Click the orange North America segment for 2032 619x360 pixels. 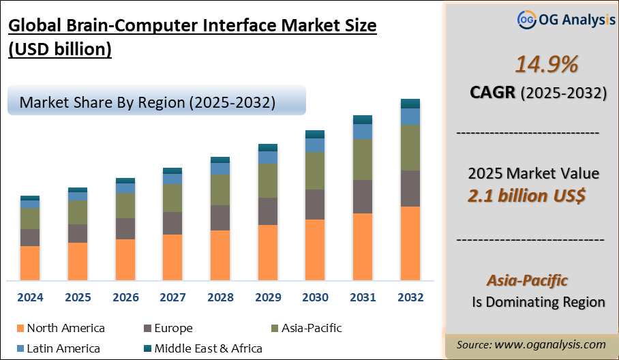tap(410, 243)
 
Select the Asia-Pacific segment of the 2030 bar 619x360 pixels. tap(314, 170)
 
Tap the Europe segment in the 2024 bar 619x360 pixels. tap(30, 237)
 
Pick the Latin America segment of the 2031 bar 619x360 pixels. tap(362, 131)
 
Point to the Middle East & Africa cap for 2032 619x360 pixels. tap(410, 104)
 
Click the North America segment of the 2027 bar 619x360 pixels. tap(172, 257)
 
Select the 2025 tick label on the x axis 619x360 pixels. tap(78, 298)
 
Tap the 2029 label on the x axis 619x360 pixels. tap(267, 298)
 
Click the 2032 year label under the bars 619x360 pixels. tap(410, 298)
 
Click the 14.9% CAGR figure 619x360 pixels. tap(546, 64)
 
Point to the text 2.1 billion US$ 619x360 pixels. tap(526, 196)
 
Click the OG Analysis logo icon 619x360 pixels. tap(526, 20)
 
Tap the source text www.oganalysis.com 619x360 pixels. tap(531, 344)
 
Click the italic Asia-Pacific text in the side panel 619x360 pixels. tap(527, 280)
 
